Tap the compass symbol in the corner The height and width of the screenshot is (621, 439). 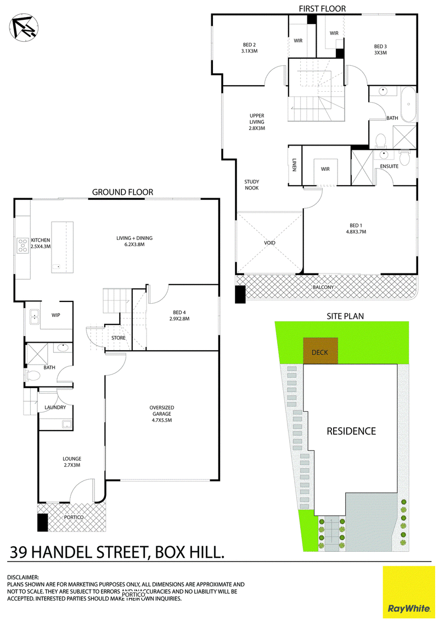point(23,27)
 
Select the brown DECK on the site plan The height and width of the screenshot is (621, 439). point(320,350)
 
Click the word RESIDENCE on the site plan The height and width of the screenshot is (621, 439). point(351,431)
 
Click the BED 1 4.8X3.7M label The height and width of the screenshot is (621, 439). point(356,228)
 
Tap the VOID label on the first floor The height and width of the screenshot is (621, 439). point(269,243)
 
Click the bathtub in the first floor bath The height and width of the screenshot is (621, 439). point(408,104)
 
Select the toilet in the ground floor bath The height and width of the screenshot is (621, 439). point(32,374)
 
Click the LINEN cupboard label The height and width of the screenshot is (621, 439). point(294,165)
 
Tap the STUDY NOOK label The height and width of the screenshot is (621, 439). point(252,184)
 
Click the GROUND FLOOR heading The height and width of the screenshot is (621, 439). point(123,192)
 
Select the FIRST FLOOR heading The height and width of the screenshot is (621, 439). point(322,8)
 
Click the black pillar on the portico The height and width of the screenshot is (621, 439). point(42,522)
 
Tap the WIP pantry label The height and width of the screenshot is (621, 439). point(56,315)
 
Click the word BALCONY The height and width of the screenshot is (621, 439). point(323,287)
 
